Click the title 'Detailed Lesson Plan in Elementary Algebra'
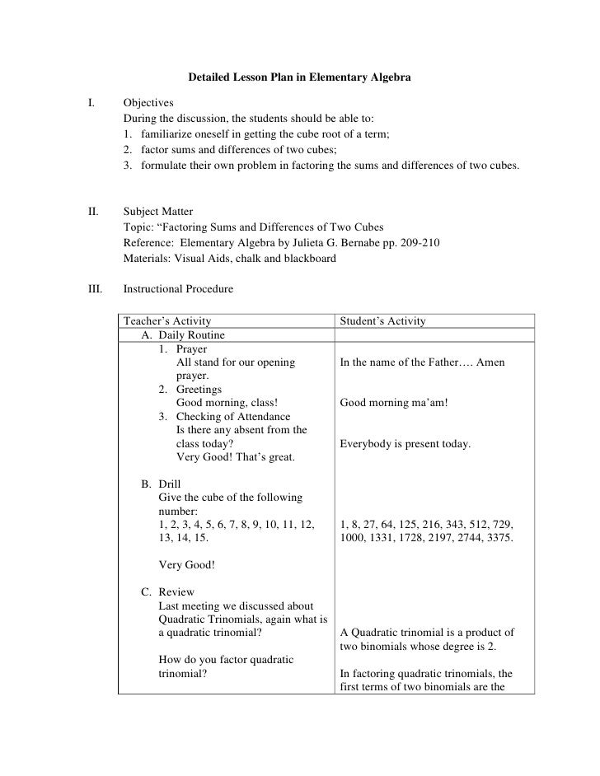pos(299,77)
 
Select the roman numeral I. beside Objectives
pos(91,103)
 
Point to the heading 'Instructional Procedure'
pos(178,289)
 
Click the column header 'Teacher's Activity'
pos(166,320)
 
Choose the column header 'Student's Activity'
pos(382,320)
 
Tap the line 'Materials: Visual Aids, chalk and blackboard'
pos(229,259)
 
